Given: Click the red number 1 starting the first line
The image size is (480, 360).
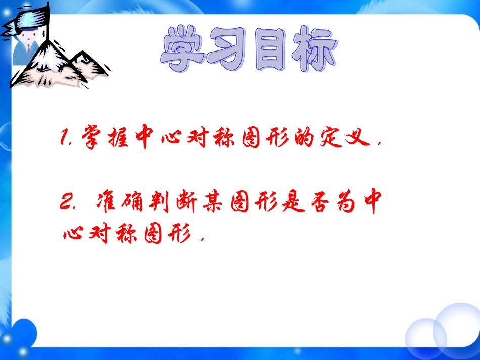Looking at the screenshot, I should point(64,137).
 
